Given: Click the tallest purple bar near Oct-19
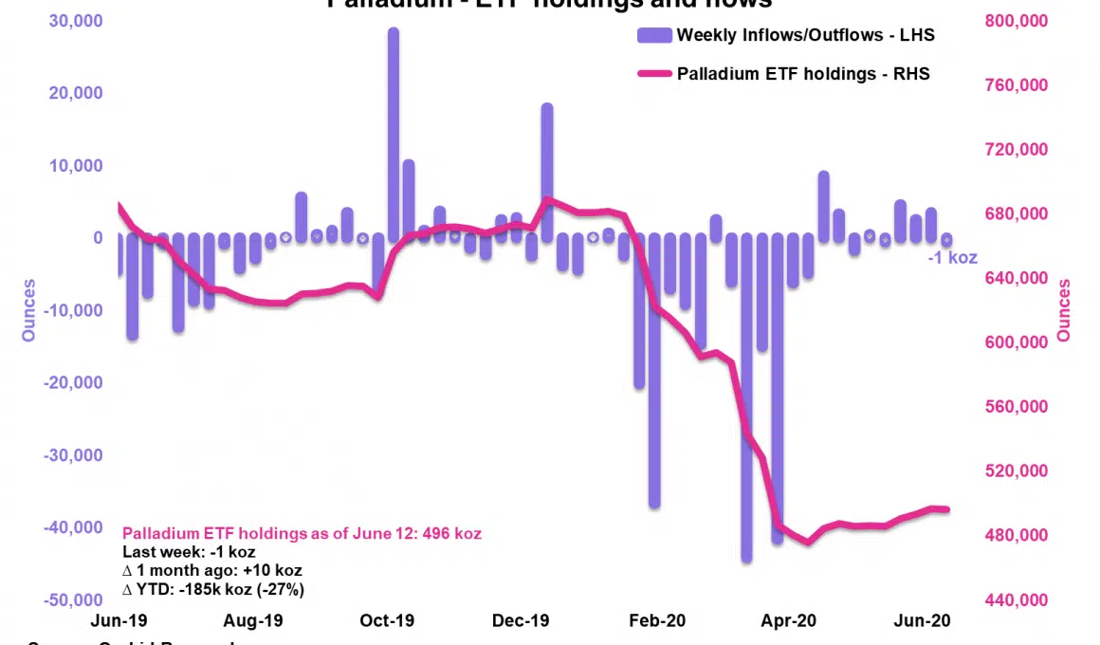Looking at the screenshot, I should [x=393, y=133].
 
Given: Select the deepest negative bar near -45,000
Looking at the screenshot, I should [x=746, y=398].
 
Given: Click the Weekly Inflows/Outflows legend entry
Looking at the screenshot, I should [x=805, y=35].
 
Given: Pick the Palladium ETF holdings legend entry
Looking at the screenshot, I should [x=802, y=73].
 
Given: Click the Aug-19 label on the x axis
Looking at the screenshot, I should [x=253, y=621].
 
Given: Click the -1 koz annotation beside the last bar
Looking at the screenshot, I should [x=952, y=257].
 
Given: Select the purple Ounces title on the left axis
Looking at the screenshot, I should [x=29, y=310].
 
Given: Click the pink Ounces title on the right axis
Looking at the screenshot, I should [x=1064, y=310].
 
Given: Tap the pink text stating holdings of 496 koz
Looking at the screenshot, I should [x=302, y=534].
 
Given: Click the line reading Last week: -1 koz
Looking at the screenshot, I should [x=189, y=552].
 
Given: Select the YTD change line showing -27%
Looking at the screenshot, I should [x=213, y=589].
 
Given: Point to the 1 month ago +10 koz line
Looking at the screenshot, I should [x=212, y=570].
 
